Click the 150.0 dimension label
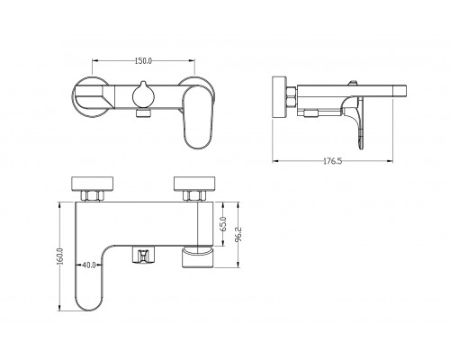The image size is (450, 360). click(143, 60)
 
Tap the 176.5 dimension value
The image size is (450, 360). click(332, 161)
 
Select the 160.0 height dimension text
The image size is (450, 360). click(59, 256)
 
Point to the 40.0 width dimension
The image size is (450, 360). click(89, 265)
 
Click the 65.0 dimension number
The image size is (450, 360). click(223, 224)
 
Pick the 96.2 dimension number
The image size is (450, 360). click(238, 234)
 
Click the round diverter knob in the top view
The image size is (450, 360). click(143, 95)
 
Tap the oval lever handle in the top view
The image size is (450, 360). click(198, 118)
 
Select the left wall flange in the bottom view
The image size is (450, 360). click(93, 184)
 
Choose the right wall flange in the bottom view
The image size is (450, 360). click(194, 184)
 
